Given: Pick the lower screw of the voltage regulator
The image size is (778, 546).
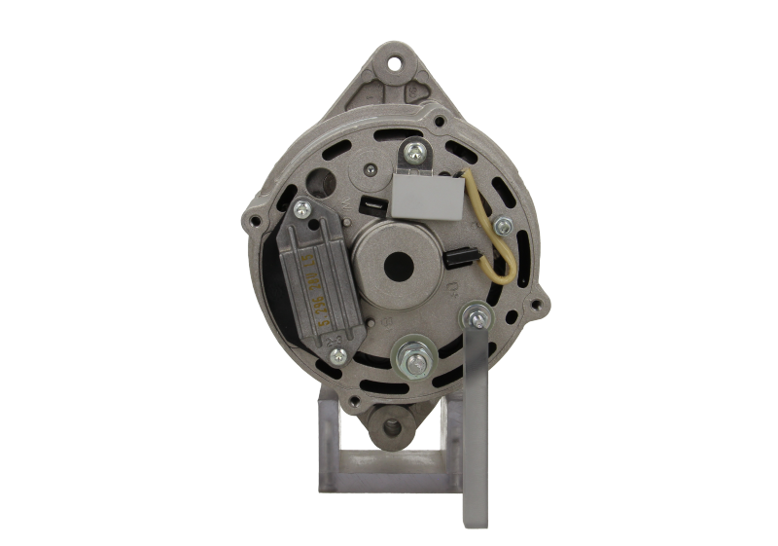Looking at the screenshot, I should click(x=338, y=355).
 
